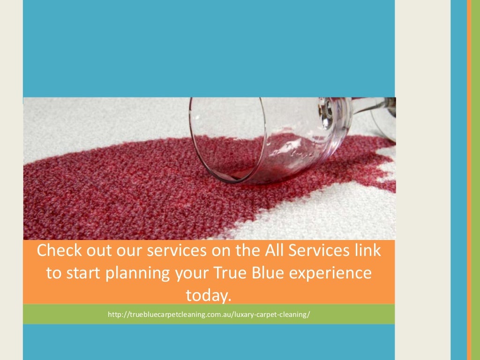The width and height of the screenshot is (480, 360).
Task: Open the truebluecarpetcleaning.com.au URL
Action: tap(209, 314)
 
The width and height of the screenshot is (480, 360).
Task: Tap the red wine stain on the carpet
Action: tap(117, 187)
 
